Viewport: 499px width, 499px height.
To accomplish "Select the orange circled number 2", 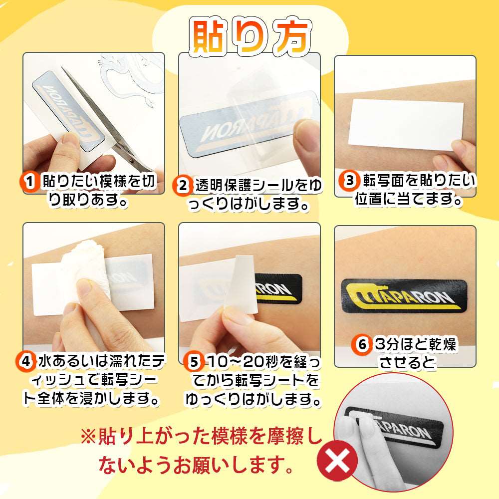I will pyautogui.click(x=183, y=186).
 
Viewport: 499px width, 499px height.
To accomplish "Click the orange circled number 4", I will pyautogui.click(x=26, y=360).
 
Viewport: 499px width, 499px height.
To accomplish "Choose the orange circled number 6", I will pyautogui.click(x=363, y=344).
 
